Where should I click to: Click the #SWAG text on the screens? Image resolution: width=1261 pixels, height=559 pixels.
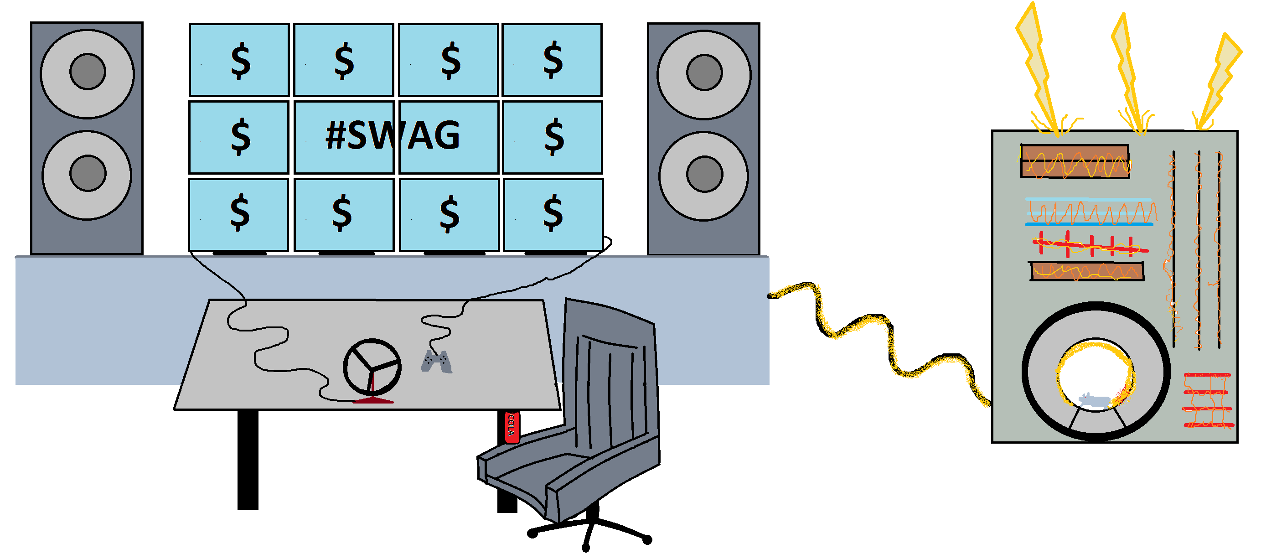tap(393, 135)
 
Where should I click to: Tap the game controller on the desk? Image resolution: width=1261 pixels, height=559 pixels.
tap(437, 362)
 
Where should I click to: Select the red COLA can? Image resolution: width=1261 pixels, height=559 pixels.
tap(512, 427)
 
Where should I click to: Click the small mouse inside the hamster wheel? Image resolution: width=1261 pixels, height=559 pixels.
tap(1095, 400)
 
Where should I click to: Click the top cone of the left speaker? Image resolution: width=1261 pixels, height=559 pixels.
tap(87, 73)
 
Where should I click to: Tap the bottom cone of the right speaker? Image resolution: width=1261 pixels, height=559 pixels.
tap(703, 176)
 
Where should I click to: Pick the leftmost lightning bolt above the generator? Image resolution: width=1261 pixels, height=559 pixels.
tap(1040, 68)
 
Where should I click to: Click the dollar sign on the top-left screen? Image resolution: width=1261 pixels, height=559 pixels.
tap(240, 61)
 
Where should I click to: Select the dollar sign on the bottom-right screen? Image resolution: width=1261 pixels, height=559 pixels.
tap(553, 212)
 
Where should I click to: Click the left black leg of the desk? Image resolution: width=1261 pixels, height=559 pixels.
tap(248, 460)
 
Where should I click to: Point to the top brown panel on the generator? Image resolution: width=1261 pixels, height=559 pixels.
tap(1075, 161)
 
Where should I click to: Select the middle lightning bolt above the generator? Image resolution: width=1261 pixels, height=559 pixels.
tap(1131, 73)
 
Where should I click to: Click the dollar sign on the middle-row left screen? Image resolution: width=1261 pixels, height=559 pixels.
tap(240, 137)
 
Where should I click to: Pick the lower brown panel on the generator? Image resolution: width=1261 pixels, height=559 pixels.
tap(1087, 271)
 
